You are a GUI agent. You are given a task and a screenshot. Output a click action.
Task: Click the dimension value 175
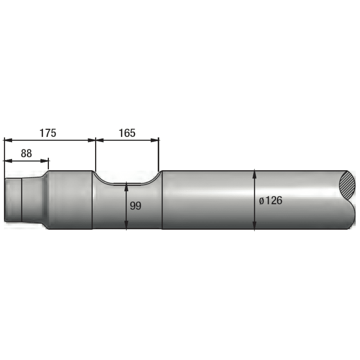click(48, 133)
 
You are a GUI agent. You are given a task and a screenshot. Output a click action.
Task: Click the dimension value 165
click(127, 133)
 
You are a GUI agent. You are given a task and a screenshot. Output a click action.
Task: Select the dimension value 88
click(26, 154)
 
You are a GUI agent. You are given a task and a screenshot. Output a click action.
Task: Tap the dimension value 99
click(136, 206)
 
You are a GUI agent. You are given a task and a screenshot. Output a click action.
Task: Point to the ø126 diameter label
click(270, 201)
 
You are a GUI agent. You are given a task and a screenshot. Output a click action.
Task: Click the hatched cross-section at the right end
click(347, 184)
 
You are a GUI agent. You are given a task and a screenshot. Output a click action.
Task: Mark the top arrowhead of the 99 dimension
click(126, 186)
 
